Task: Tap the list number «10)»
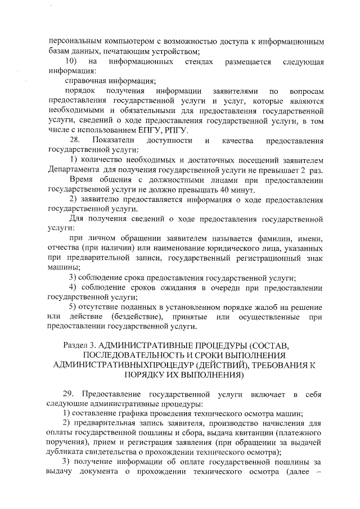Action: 70,61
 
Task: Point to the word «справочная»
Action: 86,80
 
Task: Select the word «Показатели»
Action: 115,139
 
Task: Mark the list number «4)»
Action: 73,288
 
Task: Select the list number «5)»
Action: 73,307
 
